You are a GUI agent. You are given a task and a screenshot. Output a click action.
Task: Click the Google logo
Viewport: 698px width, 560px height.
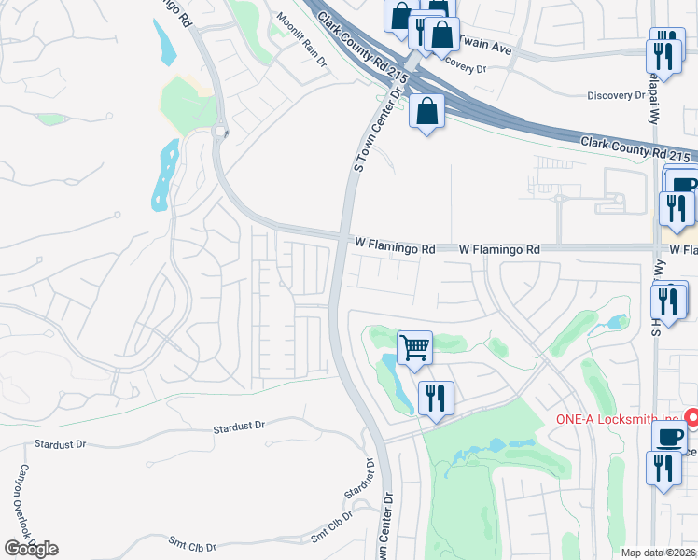tap(31, 549)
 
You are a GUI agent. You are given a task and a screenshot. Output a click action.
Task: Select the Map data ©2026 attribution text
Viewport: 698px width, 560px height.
tap(658, 553)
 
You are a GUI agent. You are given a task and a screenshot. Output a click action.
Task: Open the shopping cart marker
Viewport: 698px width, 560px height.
tap(414, 348)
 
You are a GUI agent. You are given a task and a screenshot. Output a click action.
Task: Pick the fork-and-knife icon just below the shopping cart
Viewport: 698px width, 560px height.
tap(436, 398)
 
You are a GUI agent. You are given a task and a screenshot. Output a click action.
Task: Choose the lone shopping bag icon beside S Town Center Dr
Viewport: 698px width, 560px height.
tap(426, 111)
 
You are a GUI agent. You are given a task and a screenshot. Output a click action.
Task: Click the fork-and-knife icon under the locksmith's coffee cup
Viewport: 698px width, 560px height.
tap(663, 468)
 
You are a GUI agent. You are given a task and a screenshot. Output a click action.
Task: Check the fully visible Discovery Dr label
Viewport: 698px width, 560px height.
tap(616, 95)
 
